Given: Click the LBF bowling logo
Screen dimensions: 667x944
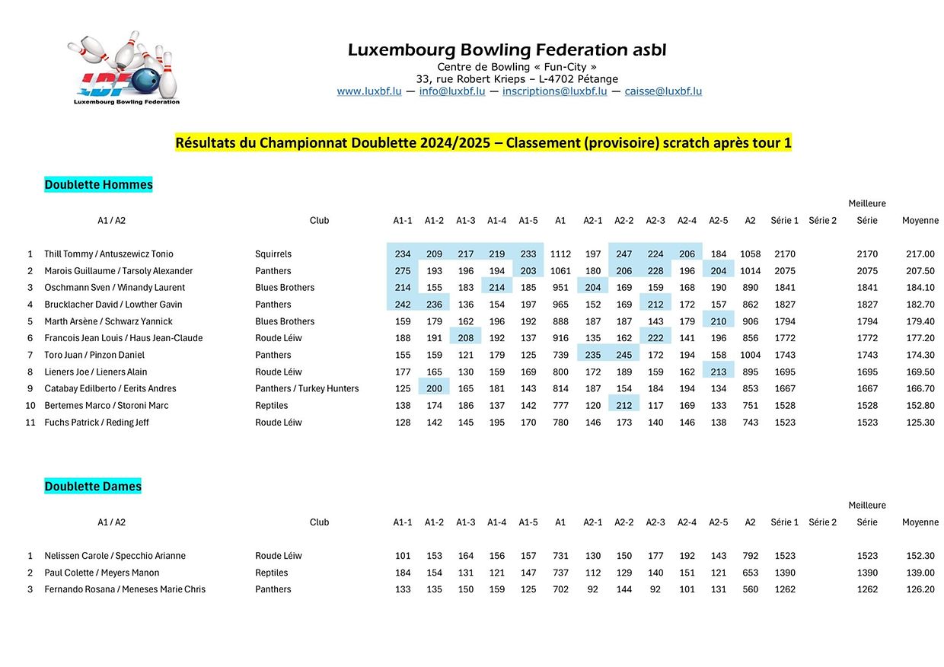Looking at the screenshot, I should (124, 69).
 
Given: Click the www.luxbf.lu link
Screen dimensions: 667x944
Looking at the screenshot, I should (368, 91).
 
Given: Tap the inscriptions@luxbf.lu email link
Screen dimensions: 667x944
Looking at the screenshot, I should (554, 91).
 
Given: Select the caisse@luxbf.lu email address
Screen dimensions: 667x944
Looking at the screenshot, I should (663, 91).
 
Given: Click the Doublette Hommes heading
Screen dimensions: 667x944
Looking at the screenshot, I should (98, 185).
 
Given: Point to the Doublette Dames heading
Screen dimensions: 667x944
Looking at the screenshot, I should (93, 487).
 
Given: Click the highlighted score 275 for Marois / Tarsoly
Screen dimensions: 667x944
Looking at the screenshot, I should (403, 271).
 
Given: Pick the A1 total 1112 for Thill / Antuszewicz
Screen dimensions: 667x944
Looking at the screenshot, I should (560, 254).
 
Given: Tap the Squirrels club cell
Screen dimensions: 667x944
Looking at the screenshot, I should (273, 254).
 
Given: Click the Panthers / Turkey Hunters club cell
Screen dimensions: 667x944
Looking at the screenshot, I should (307, 388).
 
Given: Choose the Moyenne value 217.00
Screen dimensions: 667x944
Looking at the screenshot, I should (920, 254).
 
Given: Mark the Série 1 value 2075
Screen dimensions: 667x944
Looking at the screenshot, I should (784, 271).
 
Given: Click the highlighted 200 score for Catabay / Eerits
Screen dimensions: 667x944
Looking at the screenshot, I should (434, 388).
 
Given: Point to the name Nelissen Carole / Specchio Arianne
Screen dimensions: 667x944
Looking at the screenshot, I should (115, 556).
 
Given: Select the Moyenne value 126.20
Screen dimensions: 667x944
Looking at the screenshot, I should (920, 589).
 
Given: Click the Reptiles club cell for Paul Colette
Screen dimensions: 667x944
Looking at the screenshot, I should (272, 573).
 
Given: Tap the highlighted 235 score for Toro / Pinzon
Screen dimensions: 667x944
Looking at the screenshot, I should (592, 355).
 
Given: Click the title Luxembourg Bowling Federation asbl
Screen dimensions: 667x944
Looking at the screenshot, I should (506, 50).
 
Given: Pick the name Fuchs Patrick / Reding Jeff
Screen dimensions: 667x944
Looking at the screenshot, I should (97, 423).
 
